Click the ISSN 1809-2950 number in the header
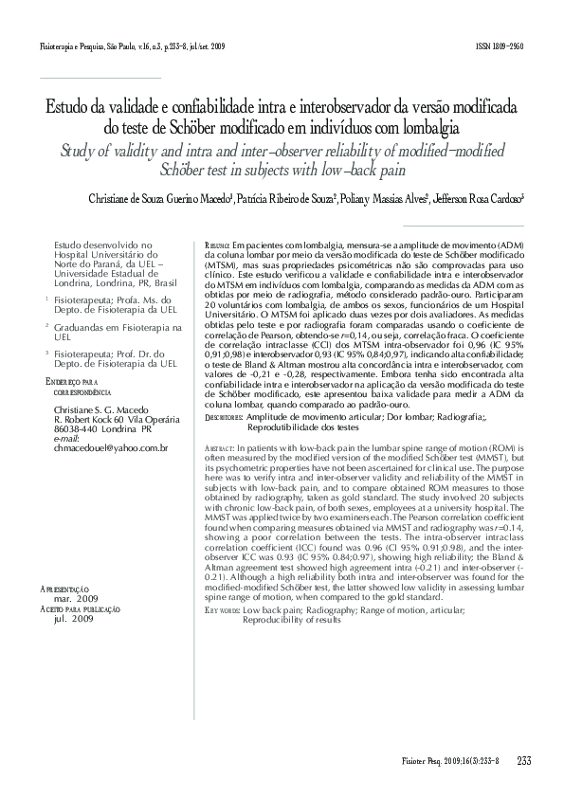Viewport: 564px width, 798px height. [501, 45]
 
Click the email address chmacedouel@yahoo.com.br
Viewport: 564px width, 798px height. [112, 447]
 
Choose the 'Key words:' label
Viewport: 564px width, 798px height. [222, 611]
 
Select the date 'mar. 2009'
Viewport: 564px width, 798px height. [76, 599]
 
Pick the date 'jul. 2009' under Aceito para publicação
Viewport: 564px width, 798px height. [73, 618]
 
